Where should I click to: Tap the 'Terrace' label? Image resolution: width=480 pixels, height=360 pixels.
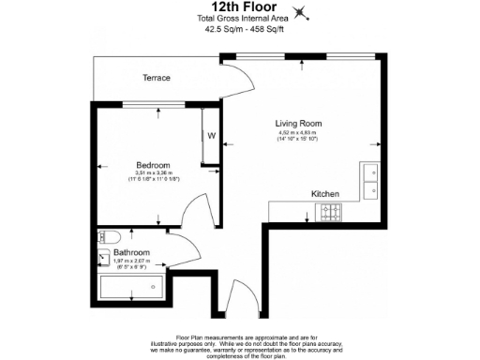click(x=156, y=78)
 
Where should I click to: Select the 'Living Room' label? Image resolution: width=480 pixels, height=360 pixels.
click(x=298, y=123)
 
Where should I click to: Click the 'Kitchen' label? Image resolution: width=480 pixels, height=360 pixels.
click(x=325, y=193)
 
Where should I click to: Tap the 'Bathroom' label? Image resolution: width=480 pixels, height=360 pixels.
click(x=131, y=252)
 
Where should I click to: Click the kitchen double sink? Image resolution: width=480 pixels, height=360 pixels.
click(x=368, y=181)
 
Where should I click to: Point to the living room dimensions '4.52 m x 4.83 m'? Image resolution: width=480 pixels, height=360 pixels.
click(x=297, y=133)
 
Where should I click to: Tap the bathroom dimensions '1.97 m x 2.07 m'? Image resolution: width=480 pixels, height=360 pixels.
click(x=131, y=261)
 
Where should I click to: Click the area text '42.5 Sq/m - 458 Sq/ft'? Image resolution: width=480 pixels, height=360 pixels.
click(x=239, y=29)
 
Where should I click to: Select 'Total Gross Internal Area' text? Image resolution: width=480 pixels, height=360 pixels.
click(x=239, y=19)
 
